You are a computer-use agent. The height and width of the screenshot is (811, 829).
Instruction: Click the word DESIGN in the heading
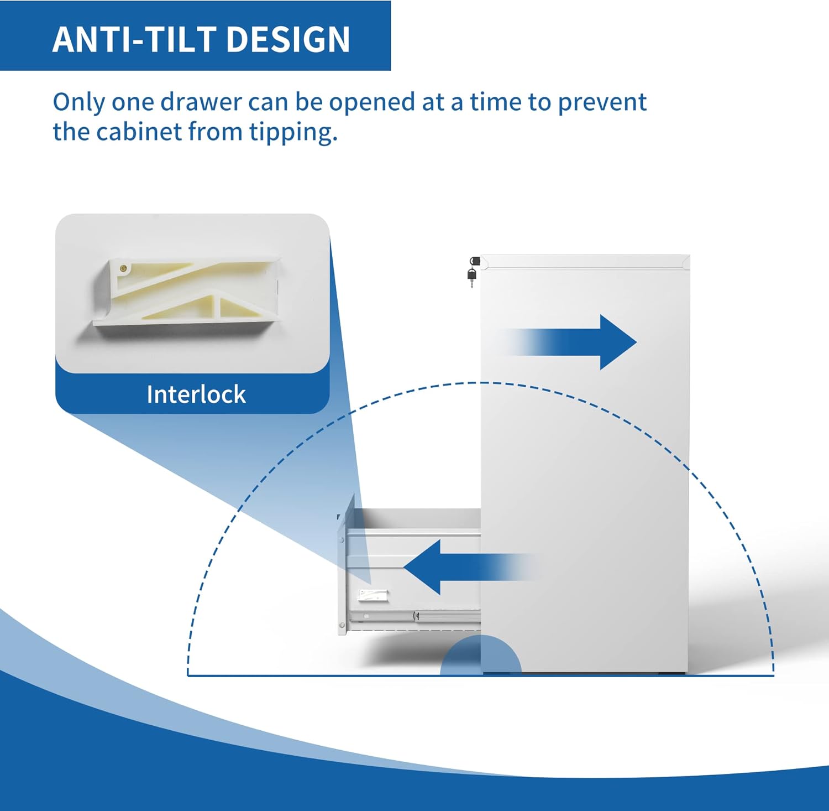[288, 39]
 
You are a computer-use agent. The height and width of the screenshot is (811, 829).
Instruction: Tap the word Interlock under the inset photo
[196, 394]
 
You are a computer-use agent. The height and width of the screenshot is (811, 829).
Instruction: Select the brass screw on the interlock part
[124, 268]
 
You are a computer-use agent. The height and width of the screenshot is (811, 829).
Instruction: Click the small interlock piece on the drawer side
[373, 595]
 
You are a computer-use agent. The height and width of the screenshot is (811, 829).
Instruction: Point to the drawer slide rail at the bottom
[414, 615]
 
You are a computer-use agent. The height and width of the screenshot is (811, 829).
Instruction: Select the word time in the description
[496, 102]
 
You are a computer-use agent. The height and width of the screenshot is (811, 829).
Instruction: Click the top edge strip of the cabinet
[585, 262]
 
